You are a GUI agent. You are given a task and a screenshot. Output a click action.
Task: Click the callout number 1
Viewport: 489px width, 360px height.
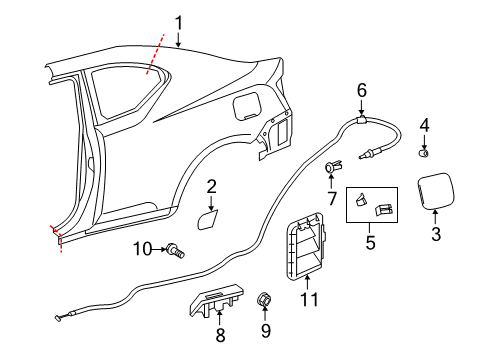pos(179,24)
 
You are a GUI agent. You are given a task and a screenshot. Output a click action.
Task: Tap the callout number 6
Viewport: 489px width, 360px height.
pos(362,91)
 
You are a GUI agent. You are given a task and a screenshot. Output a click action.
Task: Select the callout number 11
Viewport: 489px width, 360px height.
pos(310,299)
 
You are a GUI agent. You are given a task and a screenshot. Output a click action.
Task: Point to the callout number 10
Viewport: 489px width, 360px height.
pos(143,249)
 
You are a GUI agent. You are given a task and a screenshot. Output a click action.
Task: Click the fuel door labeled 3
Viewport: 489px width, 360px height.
pos(436,191)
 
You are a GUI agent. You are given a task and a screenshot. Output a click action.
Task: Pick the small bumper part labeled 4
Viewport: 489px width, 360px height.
pos(424,153)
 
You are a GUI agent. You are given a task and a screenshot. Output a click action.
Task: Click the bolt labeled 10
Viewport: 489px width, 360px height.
pos(176,250)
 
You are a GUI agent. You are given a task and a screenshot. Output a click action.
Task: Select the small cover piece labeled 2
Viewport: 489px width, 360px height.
pos(207,219)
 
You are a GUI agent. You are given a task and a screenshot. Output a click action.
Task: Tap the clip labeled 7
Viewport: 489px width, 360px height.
pos(333,166)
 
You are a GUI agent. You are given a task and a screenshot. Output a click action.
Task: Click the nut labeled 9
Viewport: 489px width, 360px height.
pos(264,298)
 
